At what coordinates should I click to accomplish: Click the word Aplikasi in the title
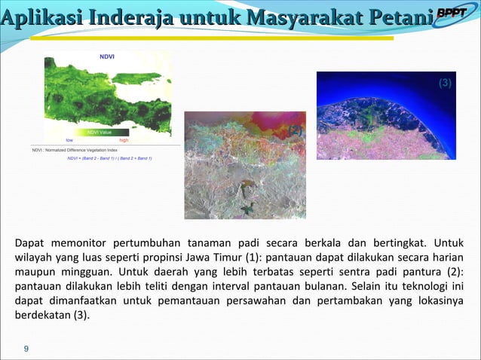pos(42,17)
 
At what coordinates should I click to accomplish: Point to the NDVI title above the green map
pos(108,56)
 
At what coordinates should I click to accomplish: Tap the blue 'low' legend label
pos(69,140)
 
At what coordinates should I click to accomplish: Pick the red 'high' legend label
pos(124,140)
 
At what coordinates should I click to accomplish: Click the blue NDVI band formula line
pos(109,158)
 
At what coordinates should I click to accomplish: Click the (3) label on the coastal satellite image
pos(445,84)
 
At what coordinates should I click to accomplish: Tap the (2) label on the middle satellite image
pos(295,130)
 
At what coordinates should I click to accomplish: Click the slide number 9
pos(26,349)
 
